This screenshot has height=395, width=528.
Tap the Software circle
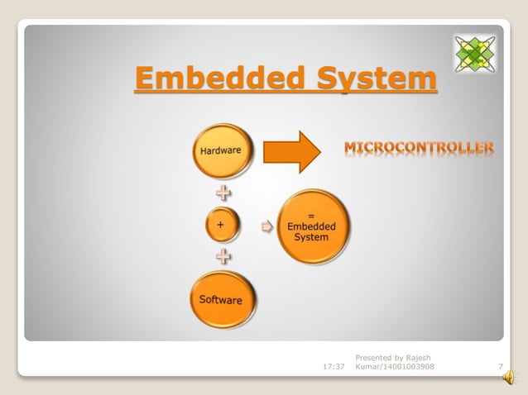(221, 299)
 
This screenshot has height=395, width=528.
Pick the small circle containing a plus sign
(221, 224)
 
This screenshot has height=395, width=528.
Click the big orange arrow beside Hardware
(290, 151)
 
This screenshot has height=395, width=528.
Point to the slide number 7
(500, 366)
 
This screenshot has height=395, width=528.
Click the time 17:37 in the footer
(333, 366)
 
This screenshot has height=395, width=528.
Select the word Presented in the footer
(372, 357)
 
